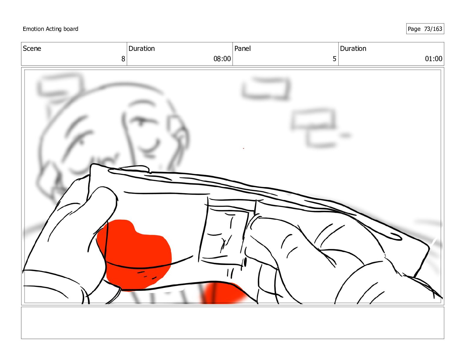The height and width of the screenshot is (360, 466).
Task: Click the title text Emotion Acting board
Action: coord(50,29)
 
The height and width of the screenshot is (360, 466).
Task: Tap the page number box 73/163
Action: coord(425,29)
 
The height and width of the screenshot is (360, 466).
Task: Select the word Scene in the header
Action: coord(32,49)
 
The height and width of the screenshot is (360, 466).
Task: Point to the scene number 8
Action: coord(123,59)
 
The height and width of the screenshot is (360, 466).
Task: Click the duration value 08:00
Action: coord(222,59)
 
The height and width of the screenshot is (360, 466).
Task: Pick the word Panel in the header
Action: coord(242,49)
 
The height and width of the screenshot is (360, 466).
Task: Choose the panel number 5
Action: coord(334,59)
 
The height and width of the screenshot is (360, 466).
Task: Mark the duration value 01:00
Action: coord(433,59)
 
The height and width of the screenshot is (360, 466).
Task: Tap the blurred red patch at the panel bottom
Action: coord(223,293)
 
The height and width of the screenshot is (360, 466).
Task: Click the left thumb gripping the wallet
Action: coord(101,212)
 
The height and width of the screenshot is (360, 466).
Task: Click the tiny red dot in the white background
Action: coord(243,148)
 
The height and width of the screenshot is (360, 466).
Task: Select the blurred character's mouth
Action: coord(149,146)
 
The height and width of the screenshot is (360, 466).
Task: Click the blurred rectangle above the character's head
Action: coord(60,85)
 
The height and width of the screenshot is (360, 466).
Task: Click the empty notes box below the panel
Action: coord(232,323)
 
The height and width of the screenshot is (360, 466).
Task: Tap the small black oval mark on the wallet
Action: coord(245,262)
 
